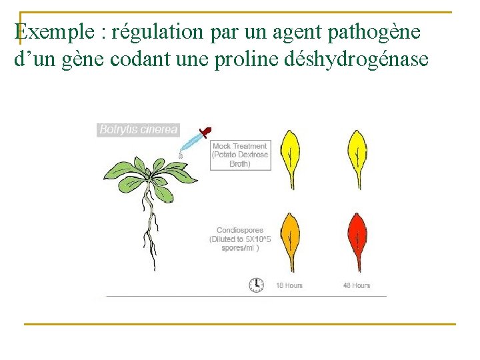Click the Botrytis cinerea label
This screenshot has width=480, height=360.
pyautogui.click(x=138, y=130)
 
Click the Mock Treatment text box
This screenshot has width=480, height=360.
pyautogui.click(x=240, y=155)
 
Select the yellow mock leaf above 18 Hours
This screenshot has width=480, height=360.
pyautogui.click(x=290, y=157)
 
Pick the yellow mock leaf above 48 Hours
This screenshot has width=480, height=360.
pyautogui.click(x=357, y=157)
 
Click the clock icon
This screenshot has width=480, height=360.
pyautogui.click(x=256, y=285)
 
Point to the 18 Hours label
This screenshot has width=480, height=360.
pyautogui.click(x=289, y=285)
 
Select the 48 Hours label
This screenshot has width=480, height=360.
pyautogui.click(x=357, y=285)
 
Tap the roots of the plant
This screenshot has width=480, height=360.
pyautogui.click(x=151, y=233)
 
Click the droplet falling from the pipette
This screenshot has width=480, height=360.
pyautogui.click(x=180, y=154)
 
